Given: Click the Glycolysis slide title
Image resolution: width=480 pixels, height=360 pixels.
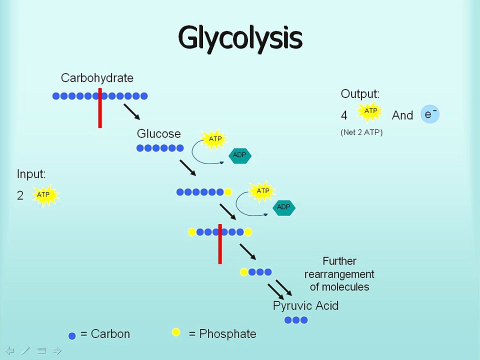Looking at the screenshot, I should pyautogui.click(x=240, y=38).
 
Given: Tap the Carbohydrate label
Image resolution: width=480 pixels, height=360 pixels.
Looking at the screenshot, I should pyautogui.click(x=97, y=78).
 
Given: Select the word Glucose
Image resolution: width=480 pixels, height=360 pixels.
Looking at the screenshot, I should pyautogui.click(x=158, y=134).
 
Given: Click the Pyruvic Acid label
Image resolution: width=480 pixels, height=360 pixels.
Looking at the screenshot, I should pyautogui.click(x=305, y=305).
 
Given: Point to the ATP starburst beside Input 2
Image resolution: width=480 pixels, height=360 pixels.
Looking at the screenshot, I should pyautogui.click(x=44, y=195).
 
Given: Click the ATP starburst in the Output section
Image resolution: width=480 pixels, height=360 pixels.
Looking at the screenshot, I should pyautogui.click(x=370, y=112).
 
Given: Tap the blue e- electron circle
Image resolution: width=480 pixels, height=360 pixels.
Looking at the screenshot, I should pyautogui.click(x=430, y=114).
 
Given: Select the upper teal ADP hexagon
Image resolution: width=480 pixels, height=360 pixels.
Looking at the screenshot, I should pyautogui.click(x=239, y=155).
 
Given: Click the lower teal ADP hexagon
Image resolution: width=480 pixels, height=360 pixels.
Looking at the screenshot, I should pyautogui.click(x=283, y=207).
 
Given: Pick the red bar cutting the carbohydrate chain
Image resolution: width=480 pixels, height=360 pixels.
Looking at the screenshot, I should pyautogui.click(x=100, y=107).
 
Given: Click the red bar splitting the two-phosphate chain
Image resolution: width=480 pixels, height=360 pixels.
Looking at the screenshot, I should pyautogui.click(x=220, y=244).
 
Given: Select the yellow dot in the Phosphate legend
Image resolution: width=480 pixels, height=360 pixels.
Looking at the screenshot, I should pyautogui.click(x=176, y=332).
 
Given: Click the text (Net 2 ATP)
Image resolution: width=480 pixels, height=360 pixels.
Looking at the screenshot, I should pyautogui.click(x=361, y=132).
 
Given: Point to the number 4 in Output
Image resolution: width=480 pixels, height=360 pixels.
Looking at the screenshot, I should pyautogui.click(x=344, y=115).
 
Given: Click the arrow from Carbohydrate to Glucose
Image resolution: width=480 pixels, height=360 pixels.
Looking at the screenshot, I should pyautogui.click(x=131, y=112).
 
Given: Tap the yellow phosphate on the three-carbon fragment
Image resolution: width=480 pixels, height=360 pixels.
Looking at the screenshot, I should pyautogui.click(x=244, y=272).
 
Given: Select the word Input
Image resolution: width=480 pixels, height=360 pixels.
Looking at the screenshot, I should pyautogui.click(x=31, y=174).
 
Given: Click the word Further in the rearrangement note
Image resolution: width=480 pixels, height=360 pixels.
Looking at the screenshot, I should pyautogui.click(x=339, y=261).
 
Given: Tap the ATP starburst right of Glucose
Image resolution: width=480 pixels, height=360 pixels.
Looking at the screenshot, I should pyautogui.click(x=214, y=139).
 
